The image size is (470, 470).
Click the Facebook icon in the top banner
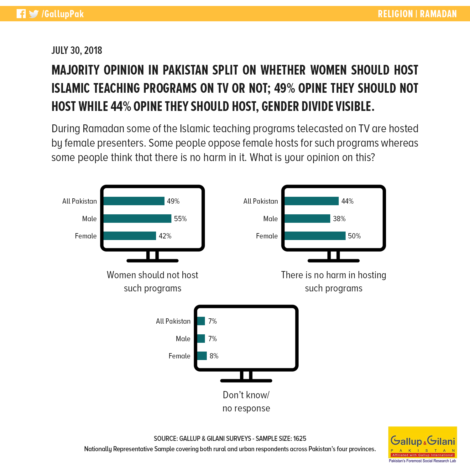[x=21, y=14]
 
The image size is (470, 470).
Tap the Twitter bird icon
[x=34, y=14]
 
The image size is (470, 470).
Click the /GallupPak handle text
[x=63, y=14]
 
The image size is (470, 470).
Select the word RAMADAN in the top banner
[x=438, y=14]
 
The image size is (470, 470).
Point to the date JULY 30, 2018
[x=77, y=50]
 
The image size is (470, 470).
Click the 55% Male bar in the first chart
[x=138, y=219]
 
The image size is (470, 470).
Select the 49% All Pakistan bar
[x=134, y=201]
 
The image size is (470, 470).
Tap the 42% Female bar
[x=130, y=236]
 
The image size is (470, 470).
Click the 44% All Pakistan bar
[x=312, y=201]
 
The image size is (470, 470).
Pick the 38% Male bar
[x=307, y=219]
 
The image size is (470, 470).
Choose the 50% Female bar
[x=315, y=236]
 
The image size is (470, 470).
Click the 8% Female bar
[x=202, y=356]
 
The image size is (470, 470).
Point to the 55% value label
[x=180, y=219]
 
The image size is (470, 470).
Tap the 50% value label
[x=354, y=236]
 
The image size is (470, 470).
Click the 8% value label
[x=214, y=356]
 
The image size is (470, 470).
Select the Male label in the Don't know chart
[x=183, y=339]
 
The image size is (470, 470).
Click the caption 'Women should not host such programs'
[x=153, y=281]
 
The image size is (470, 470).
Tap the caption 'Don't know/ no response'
[x=246, y=401]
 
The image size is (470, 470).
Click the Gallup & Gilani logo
[x=423, y=445]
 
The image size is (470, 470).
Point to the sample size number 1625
[x=300, y=439]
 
